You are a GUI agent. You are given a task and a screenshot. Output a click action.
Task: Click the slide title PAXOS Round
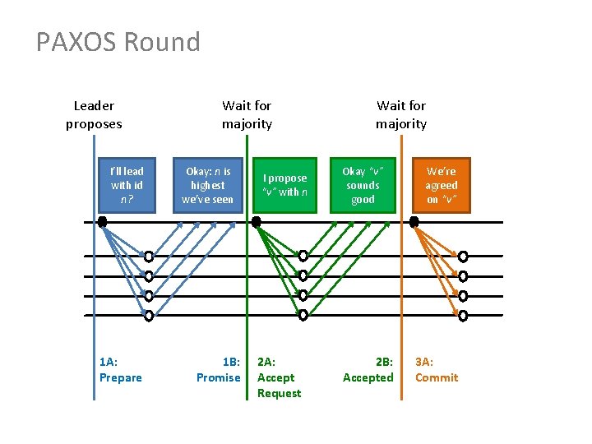[118, 42]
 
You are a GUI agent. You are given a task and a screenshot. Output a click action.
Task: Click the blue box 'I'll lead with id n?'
[127, 185]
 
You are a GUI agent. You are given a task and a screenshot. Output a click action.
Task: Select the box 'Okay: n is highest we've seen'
[207, 185]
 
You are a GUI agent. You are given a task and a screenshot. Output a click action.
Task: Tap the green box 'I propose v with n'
[284, 185]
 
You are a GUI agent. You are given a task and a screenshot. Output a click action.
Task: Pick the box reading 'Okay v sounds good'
[363, 185]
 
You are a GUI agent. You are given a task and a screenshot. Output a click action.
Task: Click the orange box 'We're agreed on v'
[442, 185]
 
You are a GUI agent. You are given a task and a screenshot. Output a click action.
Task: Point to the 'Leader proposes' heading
[94, 114]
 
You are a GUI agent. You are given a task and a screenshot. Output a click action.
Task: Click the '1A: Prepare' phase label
[120, 369]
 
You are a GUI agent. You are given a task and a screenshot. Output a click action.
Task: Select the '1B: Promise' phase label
[219, 369]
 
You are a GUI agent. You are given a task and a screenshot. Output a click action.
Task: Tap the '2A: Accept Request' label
[279, 377]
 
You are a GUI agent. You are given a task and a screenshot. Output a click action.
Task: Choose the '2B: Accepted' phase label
[368, 369]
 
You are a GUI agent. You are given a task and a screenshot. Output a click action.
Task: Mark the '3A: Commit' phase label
[437, 369]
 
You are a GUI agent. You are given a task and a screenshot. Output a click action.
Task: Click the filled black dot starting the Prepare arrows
[102, 221]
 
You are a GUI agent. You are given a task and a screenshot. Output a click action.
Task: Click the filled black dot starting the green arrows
[257, 221]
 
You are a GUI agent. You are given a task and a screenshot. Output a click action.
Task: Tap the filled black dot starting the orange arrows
[414, 221]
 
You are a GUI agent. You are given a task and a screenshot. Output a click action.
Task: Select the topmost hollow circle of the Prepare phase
[149, 256]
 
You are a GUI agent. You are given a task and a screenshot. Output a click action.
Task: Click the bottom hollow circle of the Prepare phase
[149, 315]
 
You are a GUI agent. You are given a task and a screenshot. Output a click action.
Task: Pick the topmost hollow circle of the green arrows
[303, 256]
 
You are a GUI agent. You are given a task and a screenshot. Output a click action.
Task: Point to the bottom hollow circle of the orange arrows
[463, 315]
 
